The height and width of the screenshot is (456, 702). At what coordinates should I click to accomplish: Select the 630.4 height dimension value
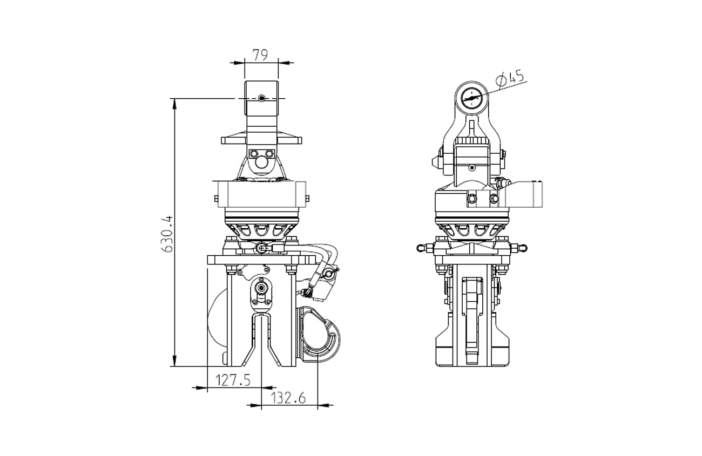point(167,234)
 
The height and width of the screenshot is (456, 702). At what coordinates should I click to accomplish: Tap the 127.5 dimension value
point(233,380)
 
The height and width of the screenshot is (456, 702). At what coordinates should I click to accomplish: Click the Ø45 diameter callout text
point(510,79)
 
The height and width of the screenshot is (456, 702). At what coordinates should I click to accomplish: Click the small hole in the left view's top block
point(262,98)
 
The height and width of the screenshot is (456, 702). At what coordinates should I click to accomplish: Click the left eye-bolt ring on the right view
point(420,248)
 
